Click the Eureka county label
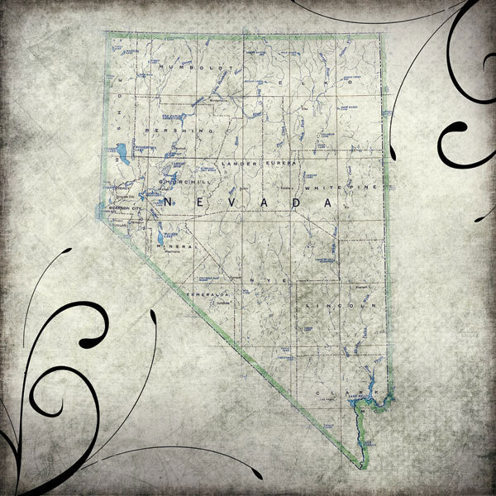(274, 165)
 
